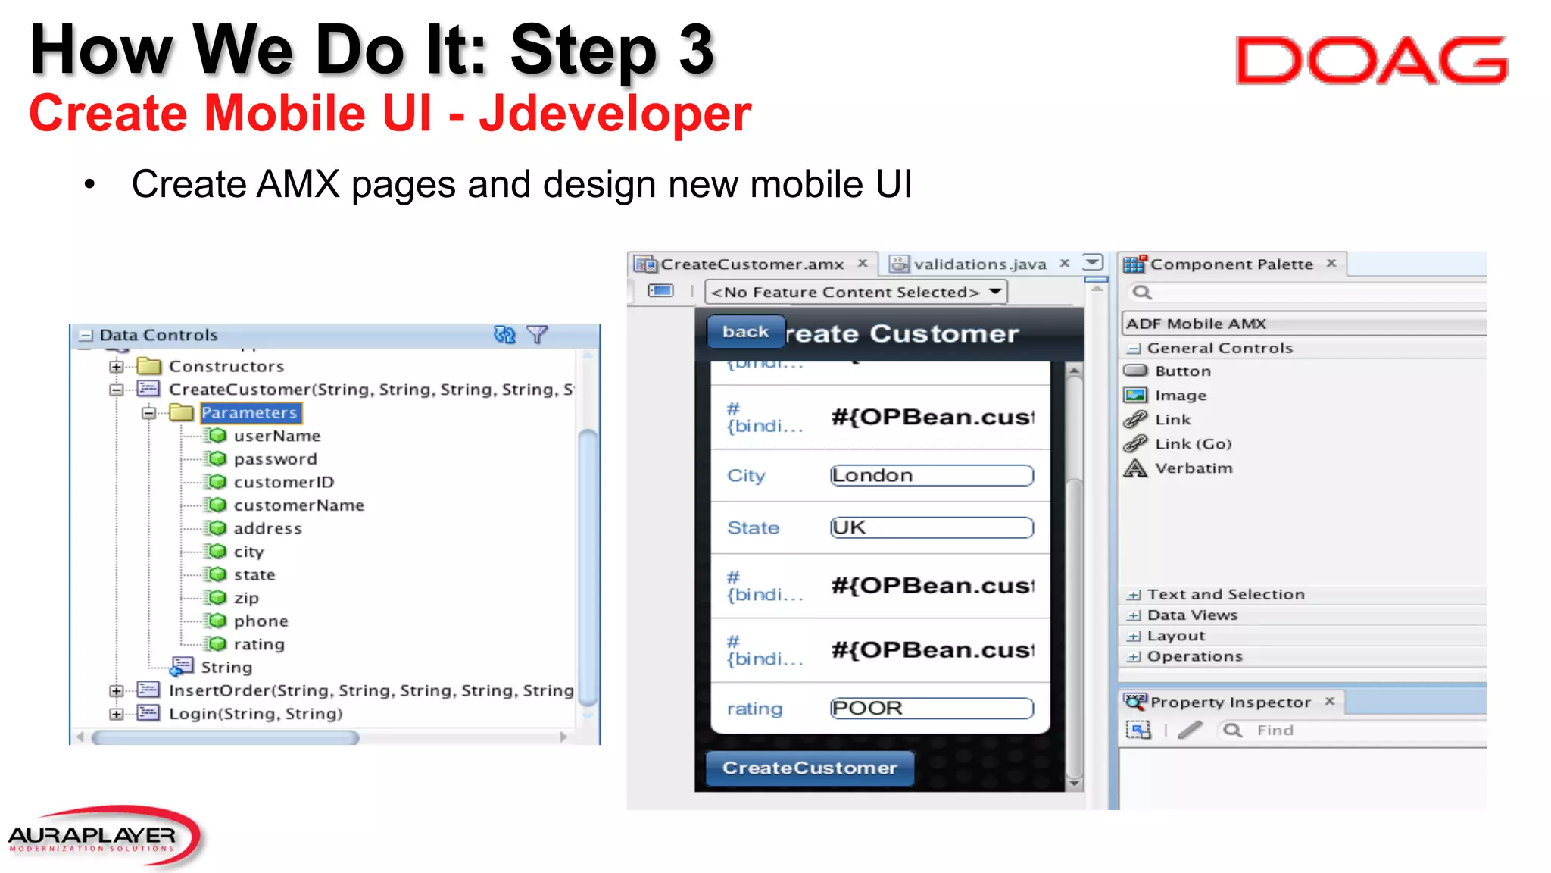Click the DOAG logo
pos(1371,61)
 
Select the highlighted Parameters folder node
pos(249,413)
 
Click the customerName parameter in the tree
pos(298,505)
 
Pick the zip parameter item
pos(245,598)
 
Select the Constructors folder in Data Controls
pos(226,367)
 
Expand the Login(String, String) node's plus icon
pos(116,714)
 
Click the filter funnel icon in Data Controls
pos(536,334)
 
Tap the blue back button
pos(745,332)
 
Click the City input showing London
pos(932,476)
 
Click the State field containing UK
pos(932,528)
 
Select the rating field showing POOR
pos(932,709)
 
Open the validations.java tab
pos(979,264)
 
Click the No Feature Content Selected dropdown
pos(855,293)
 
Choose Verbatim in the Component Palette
pos(1193,468)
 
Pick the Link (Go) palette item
pos(1193,444)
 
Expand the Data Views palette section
pos(1134,615)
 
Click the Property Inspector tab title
pos(1230,702)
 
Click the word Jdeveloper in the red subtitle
pos(615,114)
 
